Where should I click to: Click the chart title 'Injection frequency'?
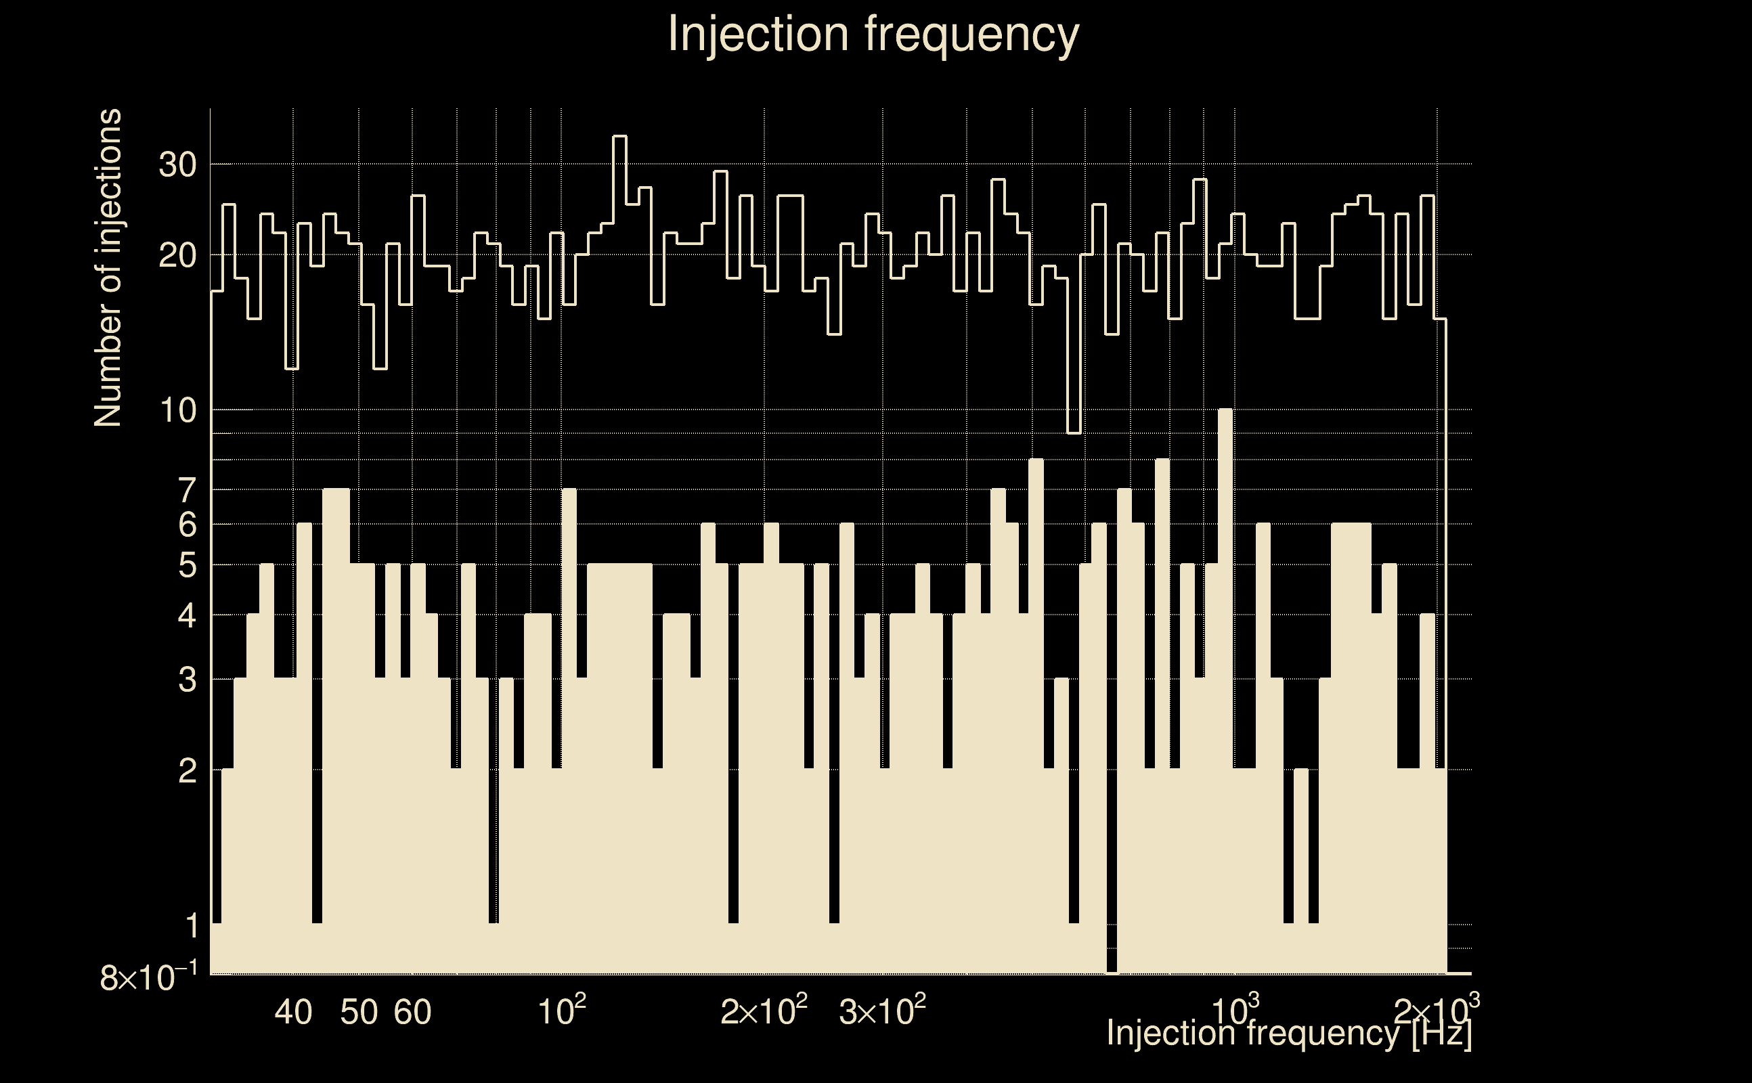873,34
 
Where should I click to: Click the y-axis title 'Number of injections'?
108,268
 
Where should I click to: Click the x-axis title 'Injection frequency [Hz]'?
1288,1033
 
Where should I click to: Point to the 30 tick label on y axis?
177,165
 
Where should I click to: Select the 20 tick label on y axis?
177,256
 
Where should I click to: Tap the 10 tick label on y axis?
177,411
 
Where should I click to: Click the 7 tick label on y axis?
187,491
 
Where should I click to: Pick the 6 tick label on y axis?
187,526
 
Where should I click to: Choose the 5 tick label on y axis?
187,566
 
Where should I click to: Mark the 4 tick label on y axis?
187,616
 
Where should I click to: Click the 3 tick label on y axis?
187,680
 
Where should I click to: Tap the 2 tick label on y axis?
187,772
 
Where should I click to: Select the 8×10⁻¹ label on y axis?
148,977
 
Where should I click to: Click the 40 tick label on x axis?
294,1012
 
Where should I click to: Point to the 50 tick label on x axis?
359,1012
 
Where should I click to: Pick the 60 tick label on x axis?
412,1012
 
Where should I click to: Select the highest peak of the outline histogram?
619,137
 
